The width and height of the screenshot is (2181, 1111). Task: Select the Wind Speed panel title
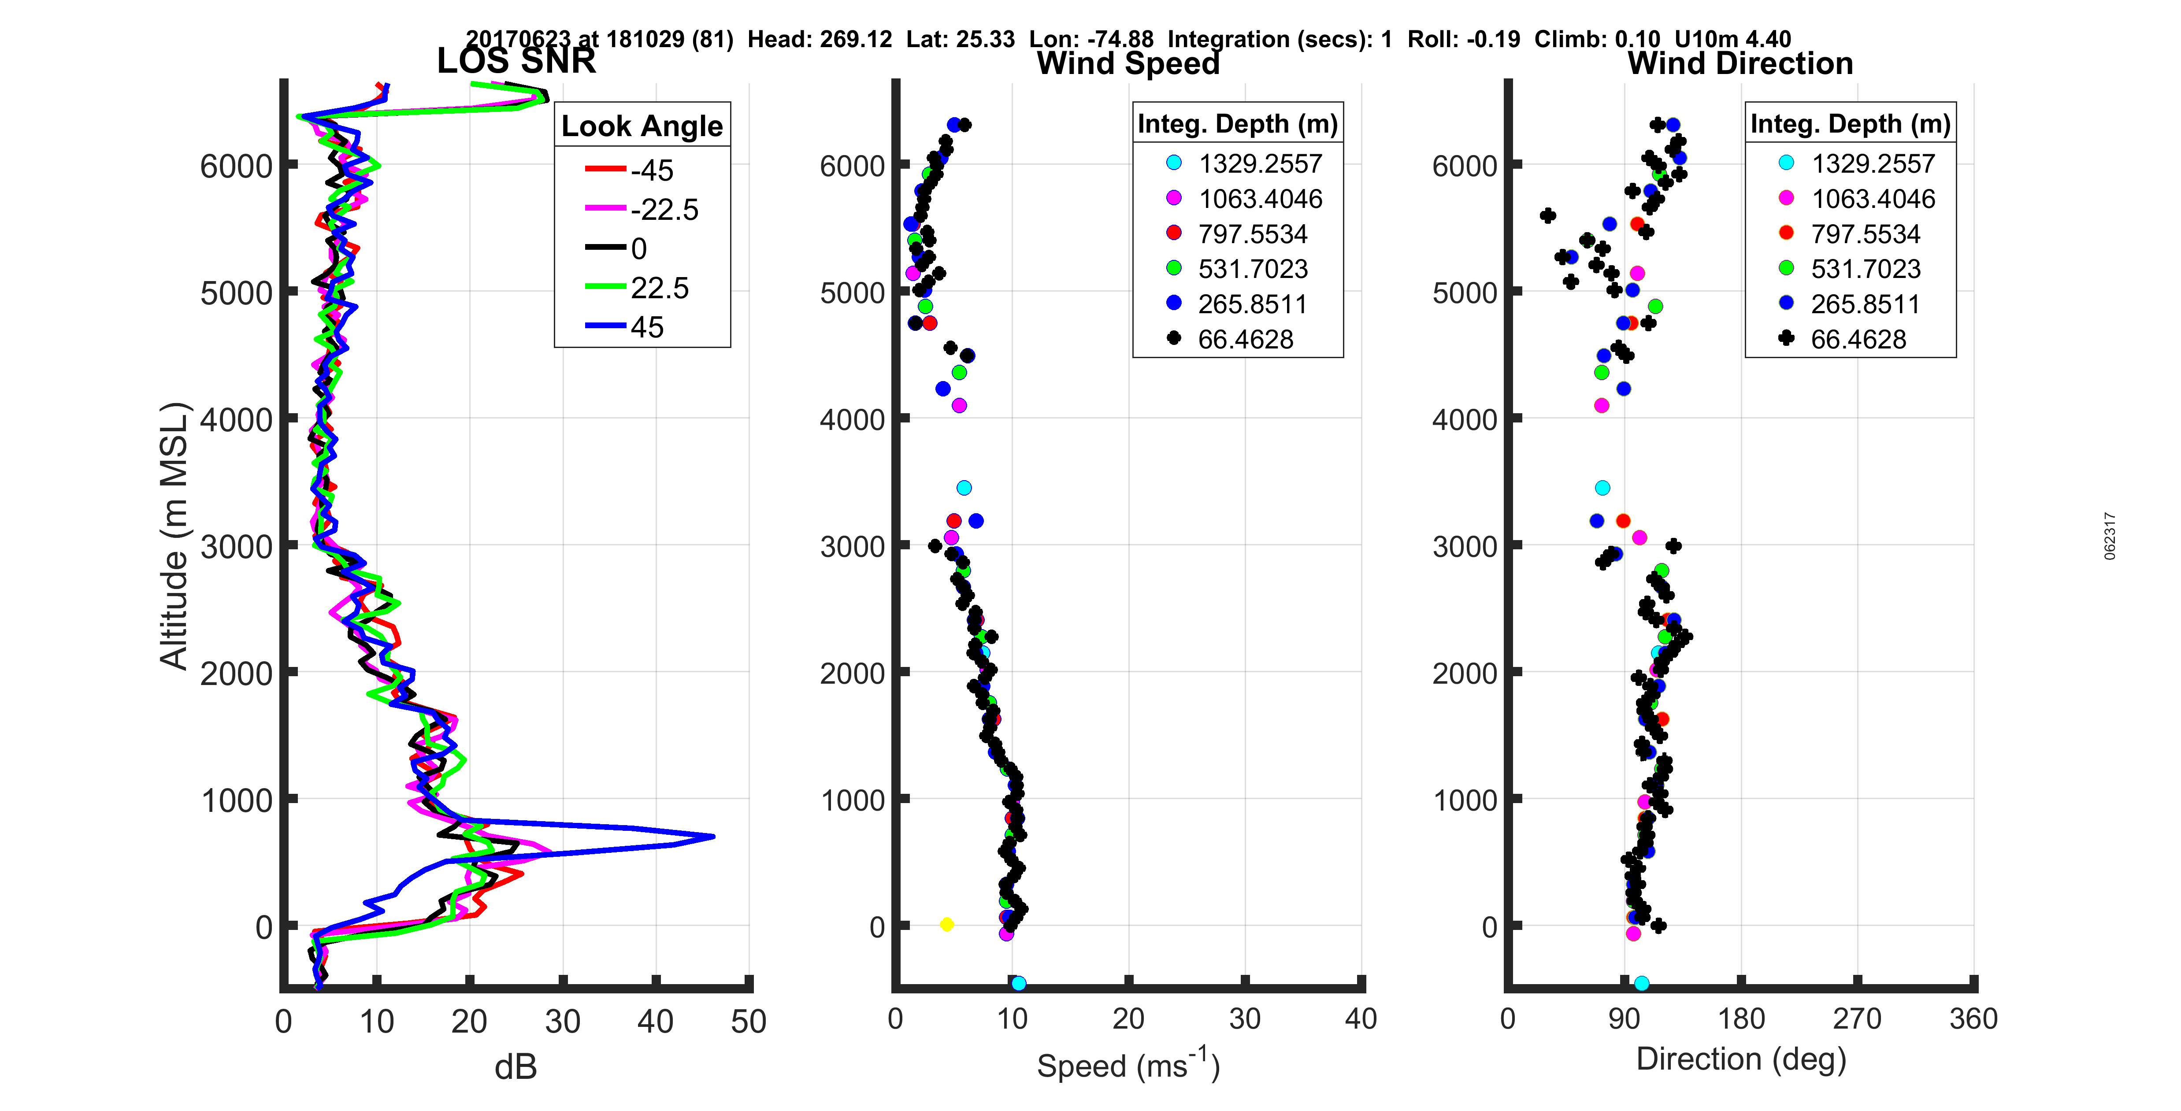click(1128, 63)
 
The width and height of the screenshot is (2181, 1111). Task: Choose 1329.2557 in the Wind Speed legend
click(1260, 163)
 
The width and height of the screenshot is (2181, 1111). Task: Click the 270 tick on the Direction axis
click(1857, 1018)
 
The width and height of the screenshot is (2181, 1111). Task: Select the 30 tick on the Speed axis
click(1245, 1018)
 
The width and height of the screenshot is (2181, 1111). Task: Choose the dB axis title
click(516, 1067)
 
